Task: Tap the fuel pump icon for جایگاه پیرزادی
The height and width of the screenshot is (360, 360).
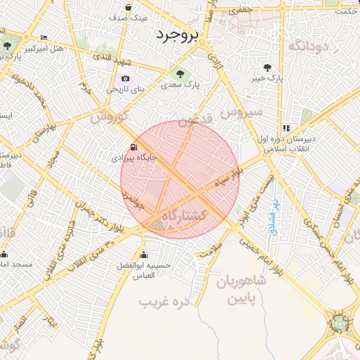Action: [x=132, y=148]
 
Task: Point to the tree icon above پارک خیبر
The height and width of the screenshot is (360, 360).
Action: [x=268, y=67]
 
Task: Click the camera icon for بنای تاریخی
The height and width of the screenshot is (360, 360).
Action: [x=125, y=79]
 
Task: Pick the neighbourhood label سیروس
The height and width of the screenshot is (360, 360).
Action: [x=241, y=112]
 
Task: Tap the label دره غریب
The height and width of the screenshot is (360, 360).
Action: [x=166, y=302]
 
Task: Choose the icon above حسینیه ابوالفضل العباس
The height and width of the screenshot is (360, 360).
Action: [x=144, y=255]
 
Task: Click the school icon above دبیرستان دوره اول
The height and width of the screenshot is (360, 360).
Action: [x=286, y=128]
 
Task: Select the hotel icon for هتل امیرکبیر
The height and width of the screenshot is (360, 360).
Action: [x=45, y=37]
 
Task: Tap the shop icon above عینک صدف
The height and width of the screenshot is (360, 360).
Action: [x=127, y=6]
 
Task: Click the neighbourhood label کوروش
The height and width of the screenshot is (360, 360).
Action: [x=108, y=115]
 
